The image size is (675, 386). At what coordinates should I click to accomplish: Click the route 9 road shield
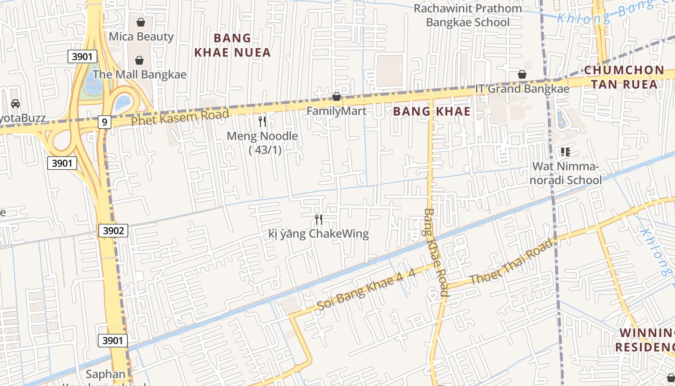(104, 122)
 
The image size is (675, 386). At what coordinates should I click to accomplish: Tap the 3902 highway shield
(113, 231)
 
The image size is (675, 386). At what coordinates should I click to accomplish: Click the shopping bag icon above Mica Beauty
(141, 22)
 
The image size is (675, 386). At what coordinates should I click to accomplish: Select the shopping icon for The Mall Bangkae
(139, 60)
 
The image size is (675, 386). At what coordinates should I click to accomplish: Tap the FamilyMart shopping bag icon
(337, 97)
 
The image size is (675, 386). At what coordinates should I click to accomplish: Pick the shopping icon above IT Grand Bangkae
(522, 74)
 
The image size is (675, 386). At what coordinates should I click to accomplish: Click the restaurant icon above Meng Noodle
(262, 121)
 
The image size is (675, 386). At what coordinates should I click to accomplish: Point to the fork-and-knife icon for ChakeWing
(318, 220)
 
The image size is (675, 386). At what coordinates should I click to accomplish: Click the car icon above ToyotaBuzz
(15, 104)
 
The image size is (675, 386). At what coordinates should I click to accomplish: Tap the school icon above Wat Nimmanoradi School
(565, 152)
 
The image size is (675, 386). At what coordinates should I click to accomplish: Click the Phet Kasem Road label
(180, 118)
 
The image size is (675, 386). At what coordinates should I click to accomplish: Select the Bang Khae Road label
(436, 252)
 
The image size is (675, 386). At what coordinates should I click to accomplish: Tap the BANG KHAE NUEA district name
(232, 45)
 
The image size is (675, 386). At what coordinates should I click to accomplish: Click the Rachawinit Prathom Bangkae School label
(467, 15)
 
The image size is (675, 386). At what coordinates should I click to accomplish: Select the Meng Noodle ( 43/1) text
(262, 143)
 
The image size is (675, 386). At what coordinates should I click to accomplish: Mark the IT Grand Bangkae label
(522, 89)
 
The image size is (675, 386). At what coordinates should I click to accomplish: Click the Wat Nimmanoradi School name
(567, 173)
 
